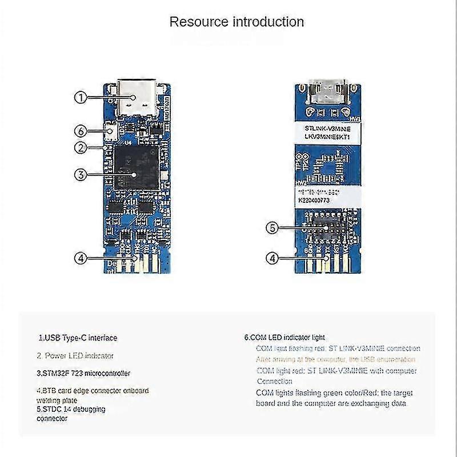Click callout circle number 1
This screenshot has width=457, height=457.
pyautogui.click(x=81, y=98)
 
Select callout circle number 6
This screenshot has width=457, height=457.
pyautogui.click(x=81, y=131)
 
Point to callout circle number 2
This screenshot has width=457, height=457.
pyautogui.click(x=81, y=147)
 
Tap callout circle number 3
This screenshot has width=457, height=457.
pyautogui.click(x=81, y=175)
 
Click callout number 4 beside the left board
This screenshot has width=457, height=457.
pyautogui.click(x=81, y=258)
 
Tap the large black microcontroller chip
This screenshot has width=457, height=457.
pyautogui.click(x=134, y=166)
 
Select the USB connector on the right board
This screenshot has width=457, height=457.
pyautogui.click(x=326, y=91)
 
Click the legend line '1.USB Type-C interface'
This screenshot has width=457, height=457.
pyautogui.click(x=78, y=338)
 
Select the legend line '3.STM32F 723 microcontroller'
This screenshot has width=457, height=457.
pyautogui.click(x=84, y=373)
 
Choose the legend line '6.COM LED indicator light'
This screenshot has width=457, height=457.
pyautogui.click(x=284, y=338)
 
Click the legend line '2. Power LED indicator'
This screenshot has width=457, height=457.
pyautogui.click(x=75, y=355)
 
